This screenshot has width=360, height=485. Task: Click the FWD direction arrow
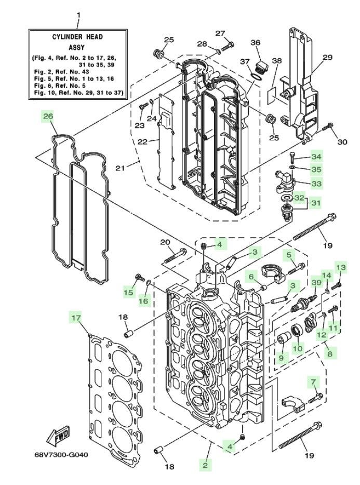pyautogui.click(x=58, y=436)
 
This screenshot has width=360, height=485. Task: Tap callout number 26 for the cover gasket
pyautogui.click(x=48, y=116)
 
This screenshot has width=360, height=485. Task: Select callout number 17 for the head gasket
pyautogui.click(x=76, y=318)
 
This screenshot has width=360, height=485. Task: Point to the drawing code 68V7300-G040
pyautogui.click(x=61, y=455)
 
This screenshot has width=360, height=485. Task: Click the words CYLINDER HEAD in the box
pyautogui.click(x=77, y=37)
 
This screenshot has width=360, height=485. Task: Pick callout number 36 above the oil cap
pyautogui.click(x=255, y=43)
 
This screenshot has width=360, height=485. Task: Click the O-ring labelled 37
pyautogui.click(x=258, y=77)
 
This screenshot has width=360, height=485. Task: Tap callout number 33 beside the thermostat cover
pyautogui.click(x=316, y=183)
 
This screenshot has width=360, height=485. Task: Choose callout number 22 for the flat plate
pyautogui.click(x=142, y=141)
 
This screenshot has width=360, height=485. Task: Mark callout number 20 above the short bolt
pyautogui.click(x=165, y=242)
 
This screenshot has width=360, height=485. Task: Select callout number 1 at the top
pyautogui.click(x=78, y=15)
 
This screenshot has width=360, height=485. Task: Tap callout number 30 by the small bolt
pyautogui.click(x=342, y=142)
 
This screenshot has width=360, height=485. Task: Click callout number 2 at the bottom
pyautogui.click(x=205, y=465)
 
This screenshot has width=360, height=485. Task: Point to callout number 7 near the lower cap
pyautogui.click(x=314, y=383)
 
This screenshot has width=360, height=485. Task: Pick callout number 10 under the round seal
pyautogui.click(x=298, y=348)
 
